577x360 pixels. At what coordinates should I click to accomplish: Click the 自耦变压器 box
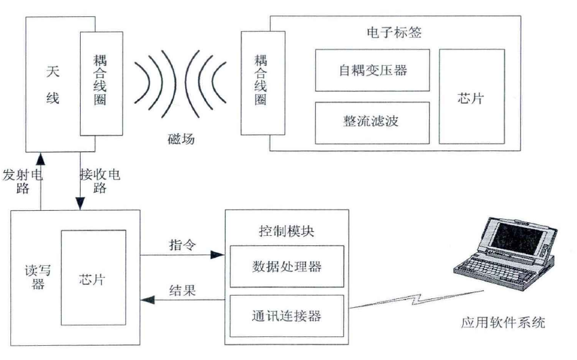click(x=372, y=70)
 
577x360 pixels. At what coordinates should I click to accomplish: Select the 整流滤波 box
click(x=372, y=122)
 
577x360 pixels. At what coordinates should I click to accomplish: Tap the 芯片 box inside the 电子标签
click(x=472, y=96)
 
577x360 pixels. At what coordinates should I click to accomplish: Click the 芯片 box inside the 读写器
click(x=92, y=277)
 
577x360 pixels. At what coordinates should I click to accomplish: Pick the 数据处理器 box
click(x=286, y=265)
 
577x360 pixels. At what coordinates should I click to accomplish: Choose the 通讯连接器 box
click(x=286, y=314)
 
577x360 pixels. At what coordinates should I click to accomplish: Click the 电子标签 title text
click(x=394, y=31)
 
